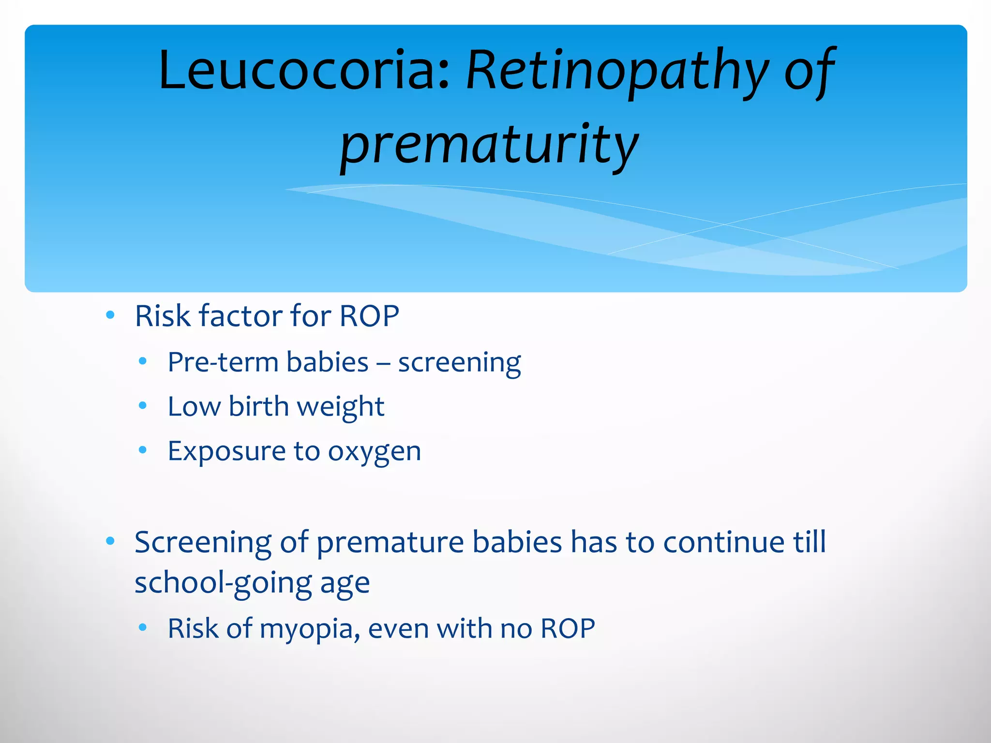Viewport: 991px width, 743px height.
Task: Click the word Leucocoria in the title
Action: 304,70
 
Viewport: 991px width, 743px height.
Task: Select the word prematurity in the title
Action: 489,145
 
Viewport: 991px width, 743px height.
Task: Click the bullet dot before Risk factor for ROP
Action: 110,315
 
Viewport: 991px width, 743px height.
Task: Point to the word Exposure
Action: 226,452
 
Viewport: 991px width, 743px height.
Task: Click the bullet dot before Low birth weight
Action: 142,406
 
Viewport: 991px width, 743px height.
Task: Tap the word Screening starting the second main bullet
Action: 203,542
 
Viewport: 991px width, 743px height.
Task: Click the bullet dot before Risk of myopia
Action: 142,628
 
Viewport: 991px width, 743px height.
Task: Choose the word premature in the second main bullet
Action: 390,543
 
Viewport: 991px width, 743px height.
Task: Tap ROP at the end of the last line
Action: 567,629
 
